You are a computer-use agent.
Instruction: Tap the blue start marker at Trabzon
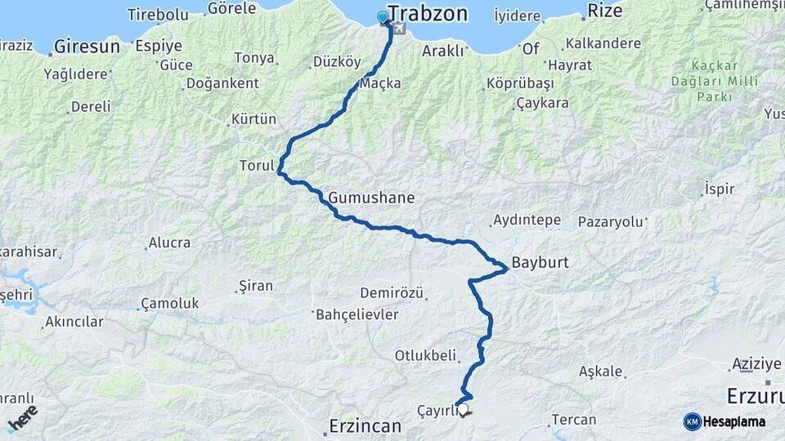point(383,17)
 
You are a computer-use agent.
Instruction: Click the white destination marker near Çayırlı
point(464,409)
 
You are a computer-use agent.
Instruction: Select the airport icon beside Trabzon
point(398,29)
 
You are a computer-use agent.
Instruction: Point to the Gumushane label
point(371,198)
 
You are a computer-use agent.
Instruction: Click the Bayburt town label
point(540,263)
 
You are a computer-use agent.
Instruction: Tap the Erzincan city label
point(365,425)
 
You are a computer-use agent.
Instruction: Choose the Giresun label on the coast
point(87,47)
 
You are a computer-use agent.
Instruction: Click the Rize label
point(606,12)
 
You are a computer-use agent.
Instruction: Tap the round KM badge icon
point(692,421)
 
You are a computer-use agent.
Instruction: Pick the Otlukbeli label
point(424,355)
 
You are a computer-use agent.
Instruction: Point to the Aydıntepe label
point(527,220)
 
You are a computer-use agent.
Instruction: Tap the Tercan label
point(573,420)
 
